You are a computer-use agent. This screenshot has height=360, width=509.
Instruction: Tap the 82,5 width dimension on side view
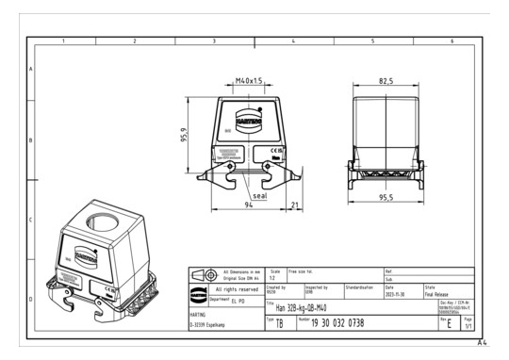386,83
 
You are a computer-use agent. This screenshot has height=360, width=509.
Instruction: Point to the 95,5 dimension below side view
386,199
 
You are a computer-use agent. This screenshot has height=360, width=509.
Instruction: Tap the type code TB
279,323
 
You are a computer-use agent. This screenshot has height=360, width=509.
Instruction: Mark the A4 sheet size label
482,342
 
